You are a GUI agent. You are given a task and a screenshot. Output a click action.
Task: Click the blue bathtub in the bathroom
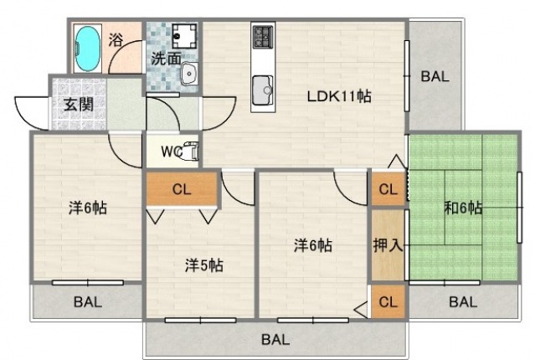88,49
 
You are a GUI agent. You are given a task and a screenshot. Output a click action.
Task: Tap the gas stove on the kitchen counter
263,36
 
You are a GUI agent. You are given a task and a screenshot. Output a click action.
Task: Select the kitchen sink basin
262,90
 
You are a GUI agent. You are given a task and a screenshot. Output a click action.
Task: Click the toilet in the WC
191,152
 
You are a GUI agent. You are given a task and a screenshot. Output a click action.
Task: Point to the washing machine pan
184,36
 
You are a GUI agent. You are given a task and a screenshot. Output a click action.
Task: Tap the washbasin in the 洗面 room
189,74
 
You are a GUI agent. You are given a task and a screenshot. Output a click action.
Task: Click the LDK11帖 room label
339,96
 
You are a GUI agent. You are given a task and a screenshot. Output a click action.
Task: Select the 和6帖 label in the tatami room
463,208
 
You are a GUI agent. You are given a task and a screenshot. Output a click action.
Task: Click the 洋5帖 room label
204,265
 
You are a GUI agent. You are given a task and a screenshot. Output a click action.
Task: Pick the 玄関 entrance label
79,105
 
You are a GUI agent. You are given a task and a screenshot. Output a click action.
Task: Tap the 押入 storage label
388,244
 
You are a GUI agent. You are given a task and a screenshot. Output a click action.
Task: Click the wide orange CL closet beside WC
182,188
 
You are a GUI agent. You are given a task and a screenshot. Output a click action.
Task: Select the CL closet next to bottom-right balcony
388,301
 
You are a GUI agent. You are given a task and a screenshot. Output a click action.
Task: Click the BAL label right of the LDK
435,76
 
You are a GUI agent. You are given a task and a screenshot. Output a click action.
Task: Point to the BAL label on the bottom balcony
275,340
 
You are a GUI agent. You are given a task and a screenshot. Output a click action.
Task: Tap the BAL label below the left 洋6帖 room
88,302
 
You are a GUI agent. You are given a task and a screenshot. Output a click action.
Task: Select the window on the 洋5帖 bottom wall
201,320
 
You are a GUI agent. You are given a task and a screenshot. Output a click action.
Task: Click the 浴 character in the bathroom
116,40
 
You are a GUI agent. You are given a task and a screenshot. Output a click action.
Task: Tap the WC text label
172,152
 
